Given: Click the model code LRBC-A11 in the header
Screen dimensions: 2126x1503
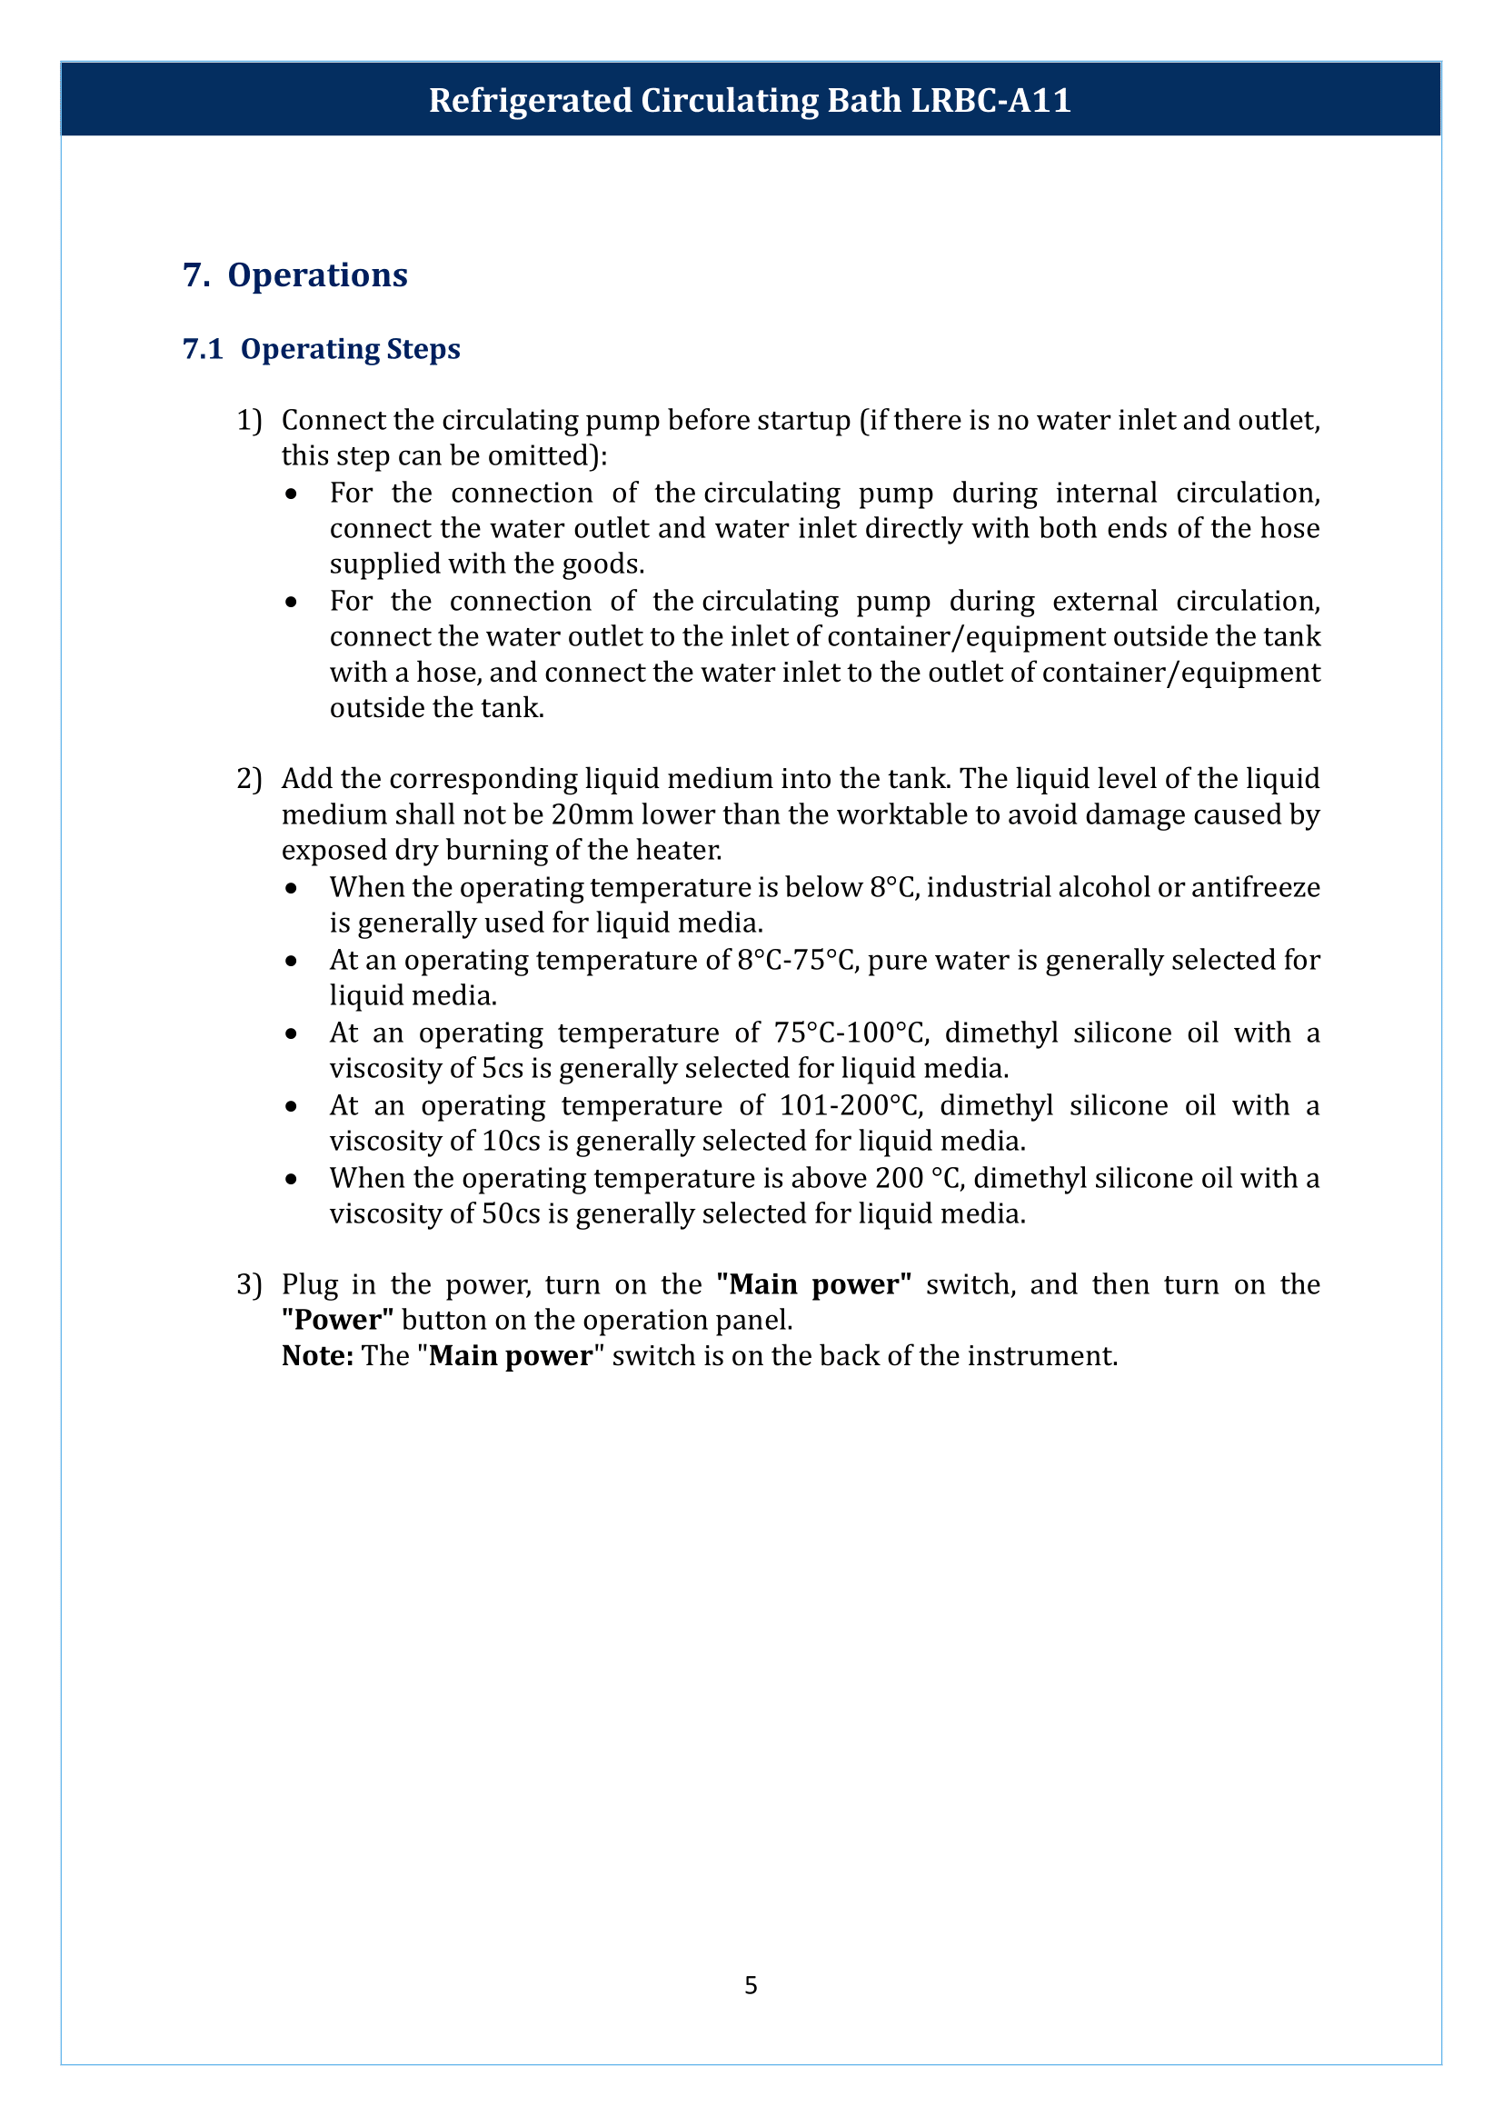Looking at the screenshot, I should click(990, 100).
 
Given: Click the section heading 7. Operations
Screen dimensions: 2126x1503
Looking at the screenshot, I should click(295, 275).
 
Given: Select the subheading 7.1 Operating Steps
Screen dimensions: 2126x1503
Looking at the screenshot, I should click(321, 349).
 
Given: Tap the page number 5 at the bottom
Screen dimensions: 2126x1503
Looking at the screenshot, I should click(751, 1984).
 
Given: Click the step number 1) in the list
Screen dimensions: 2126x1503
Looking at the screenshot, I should click(249, 421).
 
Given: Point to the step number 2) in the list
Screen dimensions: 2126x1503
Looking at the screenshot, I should click(249, 779).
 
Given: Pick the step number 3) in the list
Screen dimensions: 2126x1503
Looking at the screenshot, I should click(249, 1284).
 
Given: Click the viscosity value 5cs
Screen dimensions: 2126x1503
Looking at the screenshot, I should click(503, 1069).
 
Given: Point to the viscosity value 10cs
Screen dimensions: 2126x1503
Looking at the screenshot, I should click(511, 1141).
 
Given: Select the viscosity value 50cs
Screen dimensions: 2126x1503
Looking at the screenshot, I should click(511, 1213).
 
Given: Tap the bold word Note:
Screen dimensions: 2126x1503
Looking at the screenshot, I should click(317, 1355).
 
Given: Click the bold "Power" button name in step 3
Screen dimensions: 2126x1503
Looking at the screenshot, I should click(338, 1320).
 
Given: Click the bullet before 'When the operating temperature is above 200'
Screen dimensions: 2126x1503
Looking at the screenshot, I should click(292, 1179).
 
